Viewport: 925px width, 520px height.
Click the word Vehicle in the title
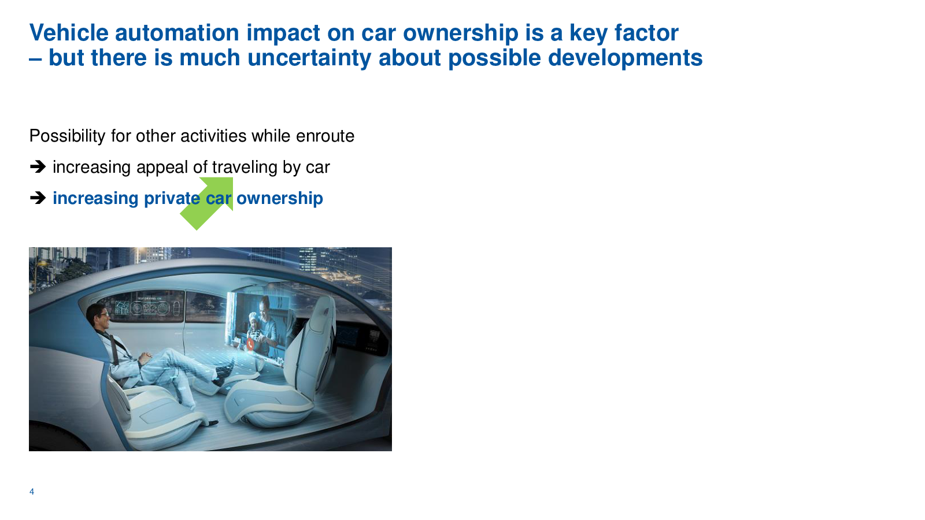click(69, 32)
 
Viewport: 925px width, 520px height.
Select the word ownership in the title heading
click(460, 33)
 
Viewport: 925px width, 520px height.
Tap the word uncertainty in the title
click(309, 58)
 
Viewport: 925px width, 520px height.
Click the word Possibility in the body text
click(67, 136)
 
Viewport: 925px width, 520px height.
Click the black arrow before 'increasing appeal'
click(38, 167)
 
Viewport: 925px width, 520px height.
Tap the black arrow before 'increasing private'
click(38, 198)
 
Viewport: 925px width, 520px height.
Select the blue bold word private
click(172, 199)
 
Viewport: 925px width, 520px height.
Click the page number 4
click(32, 492)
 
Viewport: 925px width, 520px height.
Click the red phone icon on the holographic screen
click(250, 344)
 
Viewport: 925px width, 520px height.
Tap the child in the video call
click(253, 328)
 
